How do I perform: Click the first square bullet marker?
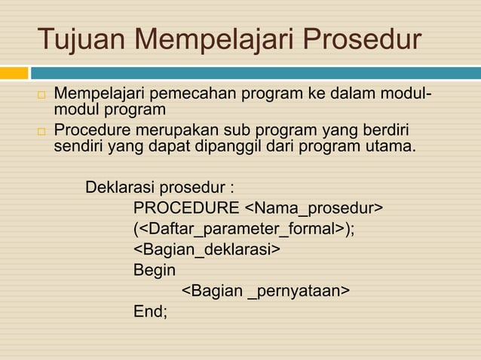click(x=42, y=98)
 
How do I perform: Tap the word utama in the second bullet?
click(x=391, y=145)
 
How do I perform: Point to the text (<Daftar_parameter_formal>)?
click(x=244, y=228)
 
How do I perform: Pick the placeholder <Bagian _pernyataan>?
click(x=265, y=291)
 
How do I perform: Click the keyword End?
click(x=151, y=311)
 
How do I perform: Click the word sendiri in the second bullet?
click(x=79, y=145)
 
